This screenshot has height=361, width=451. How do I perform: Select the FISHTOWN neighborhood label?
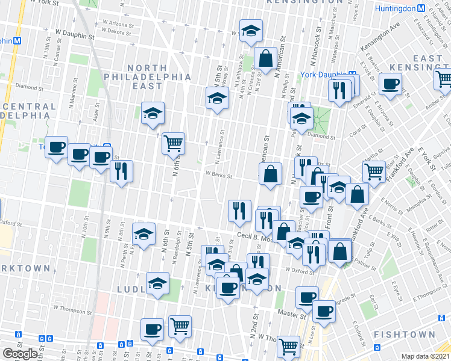[x=404, y=335]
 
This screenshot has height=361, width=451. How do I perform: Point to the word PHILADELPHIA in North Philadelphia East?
[x=148, y=78]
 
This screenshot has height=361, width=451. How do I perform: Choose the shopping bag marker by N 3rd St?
[x=265, y=59]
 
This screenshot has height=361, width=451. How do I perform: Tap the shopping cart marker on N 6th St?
[x=174, y=143]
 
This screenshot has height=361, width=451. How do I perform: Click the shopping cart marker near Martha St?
[x=374, y=171]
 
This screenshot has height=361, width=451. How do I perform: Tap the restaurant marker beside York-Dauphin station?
[x=339, y=90]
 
